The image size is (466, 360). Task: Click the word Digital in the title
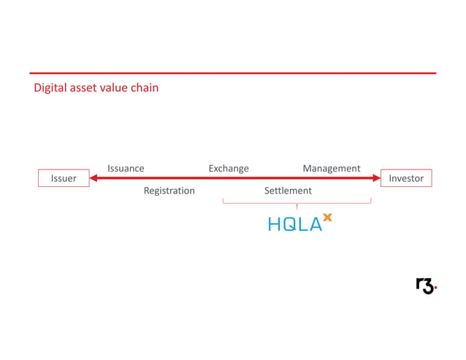pyautogui.click(x=50, y=88)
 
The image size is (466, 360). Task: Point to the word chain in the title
pyautogui.click(x=146, y=88)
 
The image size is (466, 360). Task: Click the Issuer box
pyautogui.click(x=64, y=178)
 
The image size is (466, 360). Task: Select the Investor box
pyautogui.click(x=406, y=178)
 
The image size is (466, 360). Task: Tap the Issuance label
pyautogui.click(x=126, y=169)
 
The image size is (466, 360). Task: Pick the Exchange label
pyautogui.click(x=229, y=169)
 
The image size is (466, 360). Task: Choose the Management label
pyautogui.click(x=332, y=169)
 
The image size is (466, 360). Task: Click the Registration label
pyautogui.click(x=169, y=191)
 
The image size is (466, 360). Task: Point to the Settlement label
pyautogui.click(x=288, y=191)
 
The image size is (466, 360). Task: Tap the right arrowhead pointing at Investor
pyautogui.click(x=376, y=177)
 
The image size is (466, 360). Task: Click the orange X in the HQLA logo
pyautogui.click(x=327, y=218)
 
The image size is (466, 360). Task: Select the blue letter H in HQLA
pyautogui.click(x=274, y=225)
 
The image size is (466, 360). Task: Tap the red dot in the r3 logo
pyautogui.click(x=435, y=289)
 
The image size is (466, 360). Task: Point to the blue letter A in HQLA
pyautogui.click(x=316, y=225)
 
